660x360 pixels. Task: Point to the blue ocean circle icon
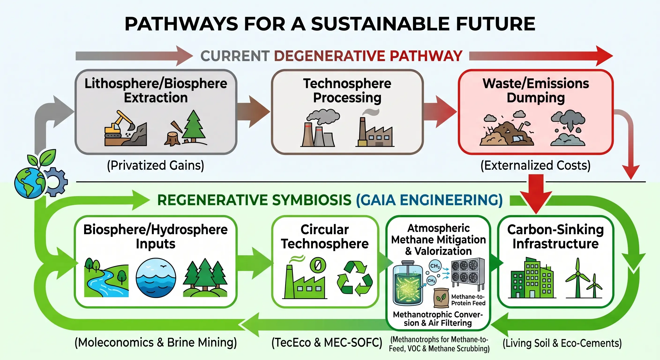[x=156, y=278]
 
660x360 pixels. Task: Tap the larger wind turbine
[x=578, y=278]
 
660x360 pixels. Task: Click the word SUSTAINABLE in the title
[x=380, y=24]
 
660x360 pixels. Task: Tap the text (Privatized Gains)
[x=156, y=165]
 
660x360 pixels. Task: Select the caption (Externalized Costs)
[x=536, y=165]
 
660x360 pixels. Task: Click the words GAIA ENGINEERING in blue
[x=429, y=200]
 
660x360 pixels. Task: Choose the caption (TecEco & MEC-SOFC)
[x=327, y=343]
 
